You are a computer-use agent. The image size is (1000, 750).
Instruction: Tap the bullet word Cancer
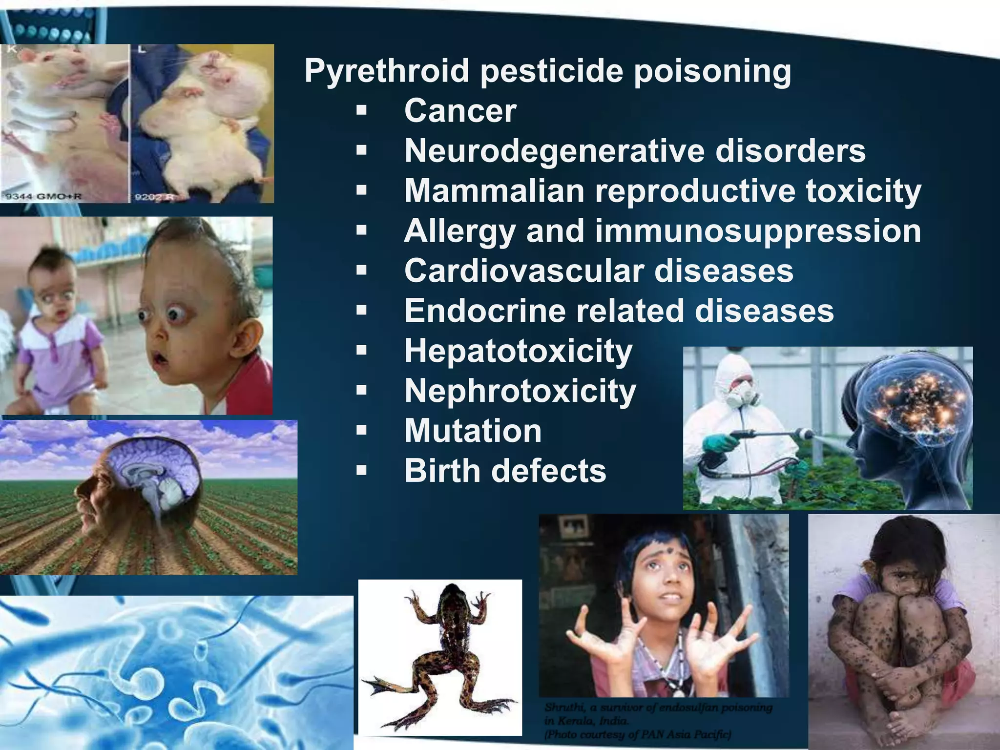point(460,111)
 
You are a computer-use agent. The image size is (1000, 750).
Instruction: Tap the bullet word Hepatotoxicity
point(518,351)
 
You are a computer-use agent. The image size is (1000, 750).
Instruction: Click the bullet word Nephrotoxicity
point(520,391)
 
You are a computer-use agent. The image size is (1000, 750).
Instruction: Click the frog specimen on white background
point(439,654)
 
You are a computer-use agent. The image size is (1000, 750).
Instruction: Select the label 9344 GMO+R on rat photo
point(43,197)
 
